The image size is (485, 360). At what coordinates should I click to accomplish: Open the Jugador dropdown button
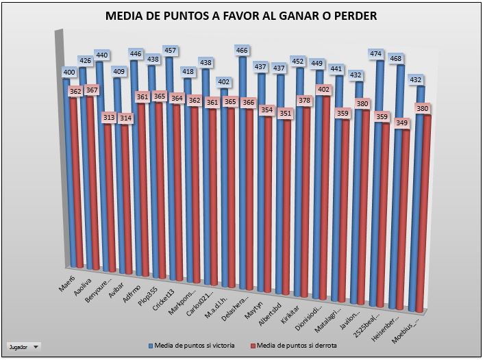click(x=24, y=347)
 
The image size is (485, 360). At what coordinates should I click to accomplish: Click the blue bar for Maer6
click(x=67, y=171)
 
